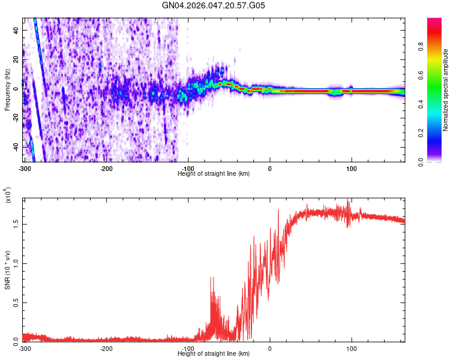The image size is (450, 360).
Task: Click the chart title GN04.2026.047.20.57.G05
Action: tap(214, 6)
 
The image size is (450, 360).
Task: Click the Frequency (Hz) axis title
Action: tap(7, 90)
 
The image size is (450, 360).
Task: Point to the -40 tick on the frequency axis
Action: tap(15, 147)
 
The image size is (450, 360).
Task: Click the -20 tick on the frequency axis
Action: tap(15, 118)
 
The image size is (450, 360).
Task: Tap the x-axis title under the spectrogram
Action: tap(214, 173)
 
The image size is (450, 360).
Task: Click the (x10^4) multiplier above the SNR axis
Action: tap(7, 196)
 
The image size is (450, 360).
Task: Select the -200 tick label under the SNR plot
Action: tap(106, 349)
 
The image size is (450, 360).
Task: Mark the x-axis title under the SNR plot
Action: tap(214, 354)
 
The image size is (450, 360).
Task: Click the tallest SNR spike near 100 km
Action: tap(349, 200)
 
